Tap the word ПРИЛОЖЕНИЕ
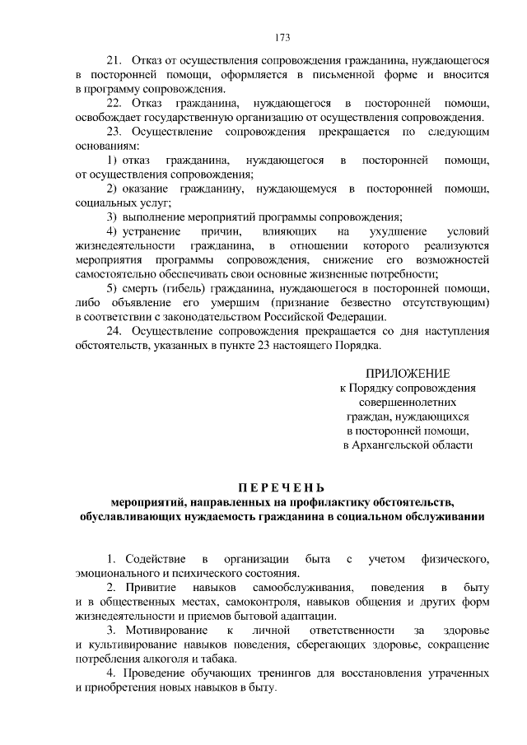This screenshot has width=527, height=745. [408, 374]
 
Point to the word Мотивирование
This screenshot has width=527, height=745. [161, 631]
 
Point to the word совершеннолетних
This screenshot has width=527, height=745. [408, 403]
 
